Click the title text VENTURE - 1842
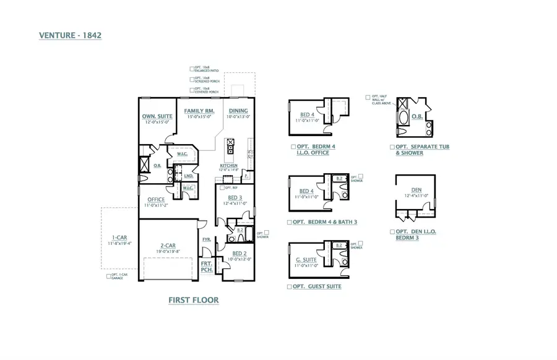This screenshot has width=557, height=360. click(x=70, y=35)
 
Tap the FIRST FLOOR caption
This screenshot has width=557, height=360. click(x=194, y=300)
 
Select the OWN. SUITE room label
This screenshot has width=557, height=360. click(x=157, y=116)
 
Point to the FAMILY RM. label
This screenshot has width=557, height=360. click(x=199, y=111)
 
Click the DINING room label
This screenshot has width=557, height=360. click(x=238, y=111)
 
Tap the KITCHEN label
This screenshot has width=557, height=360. click(x=228, y=166)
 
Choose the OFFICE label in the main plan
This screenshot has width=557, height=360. click(x=156, y=199)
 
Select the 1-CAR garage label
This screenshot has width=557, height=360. click(x=120, y=238)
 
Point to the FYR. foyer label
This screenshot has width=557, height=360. click(x=207, y=239)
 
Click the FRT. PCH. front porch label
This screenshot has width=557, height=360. click(x=207, y=267)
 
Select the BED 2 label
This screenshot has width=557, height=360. click(x=240, y=254)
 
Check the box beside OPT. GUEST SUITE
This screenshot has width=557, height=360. click(x=290, y=287)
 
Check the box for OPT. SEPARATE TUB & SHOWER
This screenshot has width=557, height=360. click(x=392, y=147)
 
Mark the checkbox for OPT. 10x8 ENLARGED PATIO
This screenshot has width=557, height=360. click(x=192, y=69)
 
